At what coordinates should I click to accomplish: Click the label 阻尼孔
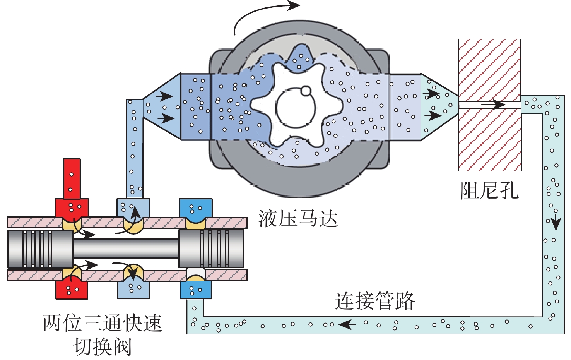click(x=489, y=190)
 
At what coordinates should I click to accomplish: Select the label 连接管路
click(x=374, y=301)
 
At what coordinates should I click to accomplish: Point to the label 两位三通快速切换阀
click(x=102, y=334)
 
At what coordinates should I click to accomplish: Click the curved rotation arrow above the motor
click(x=263, y=14)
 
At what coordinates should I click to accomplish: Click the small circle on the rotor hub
click(x=306, y=91)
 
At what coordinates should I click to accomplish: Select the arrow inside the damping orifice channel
click(x=493, y=105)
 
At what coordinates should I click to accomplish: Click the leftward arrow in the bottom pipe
click(x=347, y=324)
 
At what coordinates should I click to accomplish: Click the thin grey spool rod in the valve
click(x=126, y=249)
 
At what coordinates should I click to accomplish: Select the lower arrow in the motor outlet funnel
click(x=433, y=115)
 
